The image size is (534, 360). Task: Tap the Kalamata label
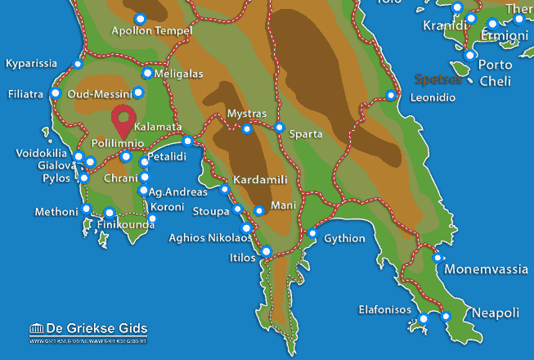click(x=157, y=128)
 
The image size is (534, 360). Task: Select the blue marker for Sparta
click(x=280, y=128)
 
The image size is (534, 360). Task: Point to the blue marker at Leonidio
click(x=391, y=96)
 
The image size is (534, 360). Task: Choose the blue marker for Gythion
click(x=312, y=234)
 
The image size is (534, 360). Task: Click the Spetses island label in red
click(x=438, y=80)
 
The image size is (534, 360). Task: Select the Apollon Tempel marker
click(x=140, y=18)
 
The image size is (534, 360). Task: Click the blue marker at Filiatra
click(x=56, y=93)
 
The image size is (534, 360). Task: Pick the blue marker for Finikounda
click(x=109, y=214)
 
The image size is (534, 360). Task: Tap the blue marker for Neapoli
click(x=446, y=316)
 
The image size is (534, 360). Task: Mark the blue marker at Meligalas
click(x=147, y=73)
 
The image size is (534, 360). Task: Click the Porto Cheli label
click(x=496, y=73)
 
